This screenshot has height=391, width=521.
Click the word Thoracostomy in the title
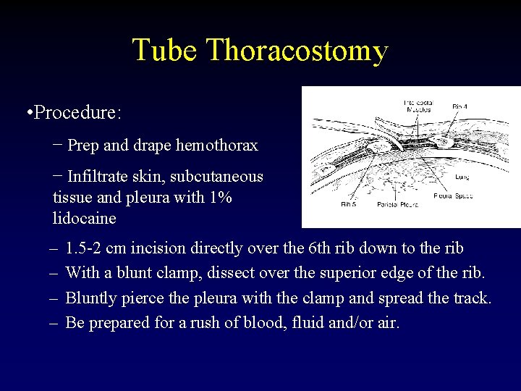297,51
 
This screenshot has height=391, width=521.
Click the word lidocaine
84,218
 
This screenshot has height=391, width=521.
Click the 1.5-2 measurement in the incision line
84,248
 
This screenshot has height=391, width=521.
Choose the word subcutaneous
217,177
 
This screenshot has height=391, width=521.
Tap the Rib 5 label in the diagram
349,205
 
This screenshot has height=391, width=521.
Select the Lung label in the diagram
463,176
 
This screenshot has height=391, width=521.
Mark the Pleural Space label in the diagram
453,195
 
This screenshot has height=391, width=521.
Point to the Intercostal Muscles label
418,106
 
